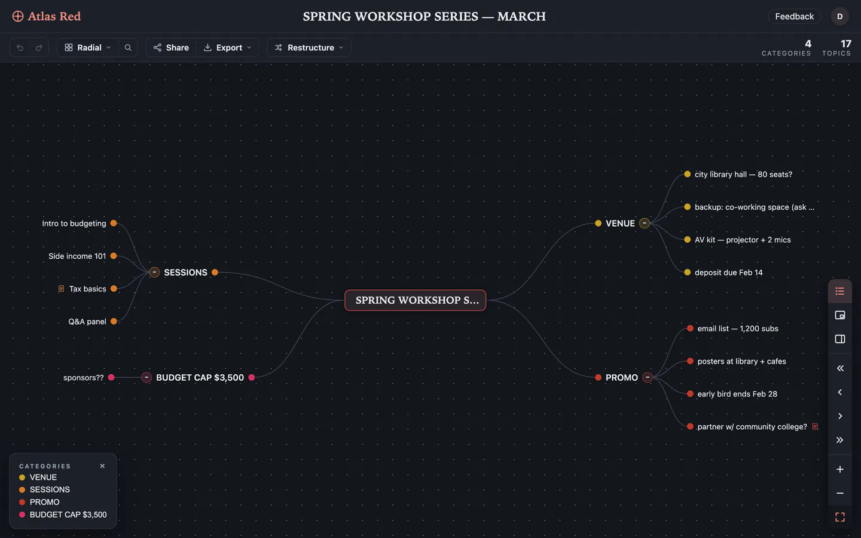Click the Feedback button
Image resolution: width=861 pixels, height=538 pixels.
pyautogui.click(x=794, y=16)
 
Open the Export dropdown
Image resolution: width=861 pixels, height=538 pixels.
pyautogui.click(x=228, y=47)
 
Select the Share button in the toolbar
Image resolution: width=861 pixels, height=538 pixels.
pyautogui.click(x=171, y=47)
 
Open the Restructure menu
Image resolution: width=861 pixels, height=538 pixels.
pyautogui.click(x=309, y=47)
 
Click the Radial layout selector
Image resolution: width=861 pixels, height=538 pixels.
pyautogui.click(x=88, y=47)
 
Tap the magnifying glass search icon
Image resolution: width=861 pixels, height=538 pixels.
pyautogui.click(x=128, y=47)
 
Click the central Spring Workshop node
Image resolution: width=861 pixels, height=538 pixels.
pyautogui.click(x=415, y=300)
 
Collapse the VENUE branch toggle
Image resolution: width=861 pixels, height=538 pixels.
pyautogui.click(x=645, y=223)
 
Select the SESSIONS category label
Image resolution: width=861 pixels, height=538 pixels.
pyautogui.click(x=185, y=273)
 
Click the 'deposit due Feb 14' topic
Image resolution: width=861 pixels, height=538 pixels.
pyautogui.click(x=728, y=273)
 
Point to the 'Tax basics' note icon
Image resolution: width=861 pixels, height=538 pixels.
pyautogui.click(x=61, y=289)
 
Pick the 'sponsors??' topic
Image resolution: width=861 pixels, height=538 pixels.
pyautogui.click(x=84, y=377)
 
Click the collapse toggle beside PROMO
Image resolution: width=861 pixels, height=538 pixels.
pyautogui.click(x=648, y=377)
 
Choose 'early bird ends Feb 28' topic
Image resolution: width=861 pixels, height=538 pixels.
pyautogui.click(x=737, y=394)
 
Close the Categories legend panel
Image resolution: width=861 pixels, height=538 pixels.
pyautogui.click(x=102, y=466)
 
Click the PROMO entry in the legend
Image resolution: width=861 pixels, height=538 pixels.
pyautogui.click(x=45, y=502)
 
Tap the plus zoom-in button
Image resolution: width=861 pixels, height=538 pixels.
pyautogui.click(x=840, y=469)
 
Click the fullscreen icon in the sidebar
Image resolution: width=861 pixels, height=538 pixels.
pyautogui.click(x=840, y=517)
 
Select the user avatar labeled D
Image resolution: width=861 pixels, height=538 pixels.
pyautogui.click(x=840, y=16)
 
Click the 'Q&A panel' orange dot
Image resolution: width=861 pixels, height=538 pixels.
pyautogui.click(x=114, y=321)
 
